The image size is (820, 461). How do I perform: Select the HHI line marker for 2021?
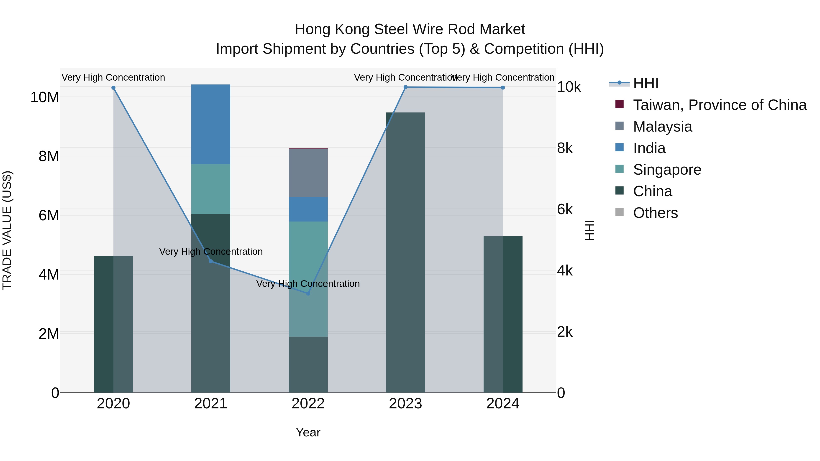pyautogui.click(x=211, y=261)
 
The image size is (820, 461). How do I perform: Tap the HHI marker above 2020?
pyautogui.click(x=113, y=88)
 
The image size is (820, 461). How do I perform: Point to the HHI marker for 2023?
pyautogui.click(x=405, y=87)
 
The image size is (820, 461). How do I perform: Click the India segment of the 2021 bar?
pyautogui.click(x=211, y=124)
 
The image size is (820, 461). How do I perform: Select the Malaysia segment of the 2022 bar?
pyautogui.click(x=308, y=173)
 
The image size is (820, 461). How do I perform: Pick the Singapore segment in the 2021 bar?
pyautogui.click(x=211, y=189)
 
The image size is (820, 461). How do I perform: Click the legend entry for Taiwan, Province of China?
pyautogui.click(x=719, y=105)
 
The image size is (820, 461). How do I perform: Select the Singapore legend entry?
pyautogui.click(x=667, y=170)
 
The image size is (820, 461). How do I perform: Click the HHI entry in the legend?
pyautogui.click(x=645, y=83)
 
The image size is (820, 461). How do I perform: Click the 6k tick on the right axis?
pyautogui.click(x=565, y=209)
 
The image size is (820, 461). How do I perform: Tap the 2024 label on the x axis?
pyautogui.click(x=503, y=404)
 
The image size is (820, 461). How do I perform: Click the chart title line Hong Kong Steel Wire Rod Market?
pyautogui.click(x=410, y=29)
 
